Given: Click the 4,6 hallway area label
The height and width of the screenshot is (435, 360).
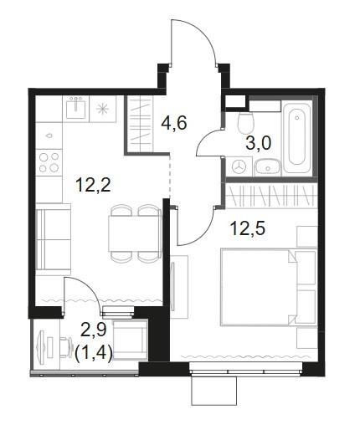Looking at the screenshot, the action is [174, 123].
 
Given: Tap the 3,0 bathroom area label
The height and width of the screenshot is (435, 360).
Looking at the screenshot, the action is [259, 144].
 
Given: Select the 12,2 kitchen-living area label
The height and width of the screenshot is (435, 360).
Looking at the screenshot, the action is [93, 185].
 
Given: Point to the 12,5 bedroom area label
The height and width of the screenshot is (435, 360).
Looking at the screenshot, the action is [247, 228].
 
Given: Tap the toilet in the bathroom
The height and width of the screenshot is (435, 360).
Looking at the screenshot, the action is [246, 123].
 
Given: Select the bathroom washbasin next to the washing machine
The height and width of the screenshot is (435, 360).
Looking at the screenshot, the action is [267, 167].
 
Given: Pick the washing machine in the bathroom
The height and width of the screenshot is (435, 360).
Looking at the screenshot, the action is [239, 166].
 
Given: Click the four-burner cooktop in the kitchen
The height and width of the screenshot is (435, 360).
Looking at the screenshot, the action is [49, 162].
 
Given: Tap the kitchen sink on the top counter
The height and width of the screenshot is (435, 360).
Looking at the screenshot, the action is [75, 108].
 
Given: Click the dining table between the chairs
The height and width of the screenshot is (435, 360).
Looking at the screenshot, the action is [134, 233].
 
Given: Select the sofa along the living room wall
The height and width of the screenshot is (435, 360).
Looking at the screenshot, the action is [53, 239].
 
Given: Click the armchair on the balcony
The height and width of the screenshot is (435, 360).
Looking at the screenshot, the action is [131, 340].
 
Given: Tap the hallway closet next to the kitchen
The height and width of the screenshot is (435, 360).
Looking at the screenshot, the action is [139, 124].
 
